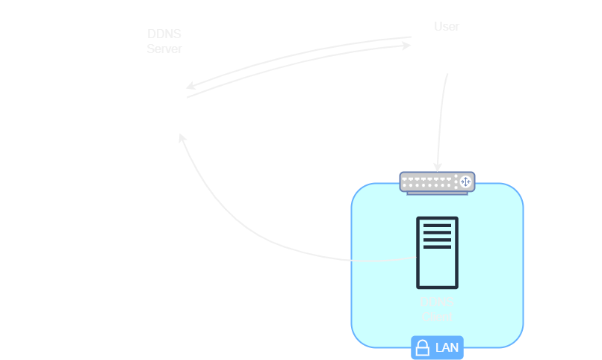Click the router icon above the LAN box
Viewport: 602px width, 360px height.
(437, 182)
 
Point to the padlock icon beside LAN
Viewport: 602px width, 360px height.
(423, 347)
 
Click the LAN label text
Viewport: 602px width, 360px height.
(447, 347)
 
